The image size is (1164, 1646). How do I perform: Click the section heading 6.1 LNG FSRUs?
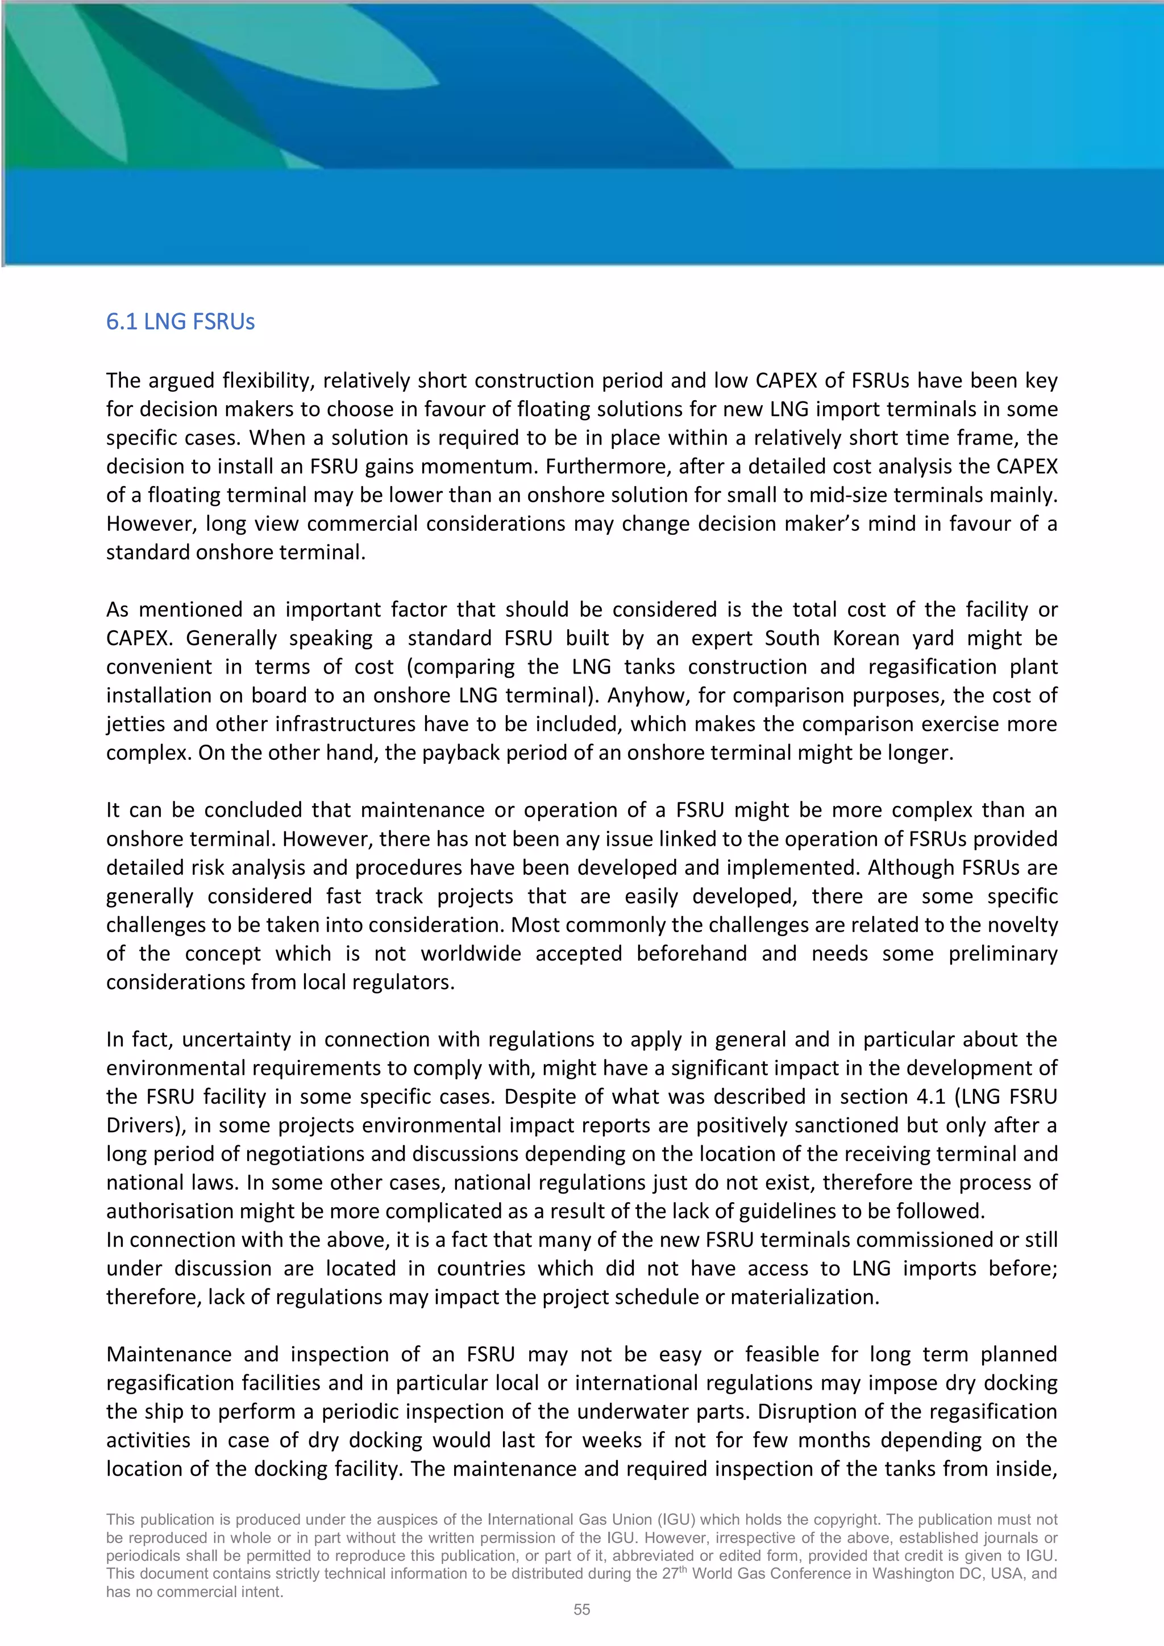point(181,322)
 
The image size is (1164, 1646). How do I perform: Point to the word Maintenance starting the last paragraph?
point(169,1355)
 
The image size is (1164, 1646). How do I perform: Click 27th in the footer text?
point(670,1574)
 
